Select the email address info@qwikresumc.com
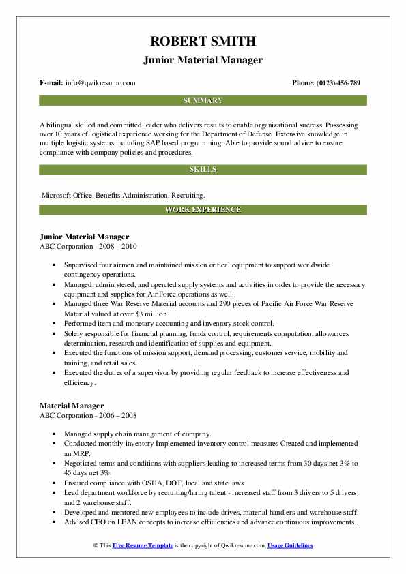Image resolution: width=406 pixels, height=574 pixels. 100,83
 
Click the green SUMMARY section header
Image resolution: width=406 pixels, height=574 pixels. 203,101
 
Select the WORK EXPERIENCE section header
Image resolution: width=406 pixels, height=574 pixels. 203,209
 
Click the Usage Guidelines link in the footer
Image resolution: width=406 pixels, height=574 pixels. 290,546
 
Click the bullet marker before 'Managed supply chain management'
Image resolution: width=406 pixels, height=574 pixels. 53,434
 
